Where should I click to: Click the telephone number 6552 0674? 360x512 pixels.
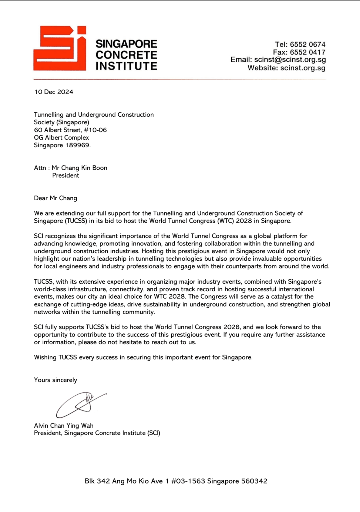pos(308,44)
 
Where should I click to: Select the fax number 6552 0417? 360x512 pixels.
pos(308,52)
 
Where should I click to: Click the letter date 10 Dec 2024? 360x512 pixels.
pos(53,92)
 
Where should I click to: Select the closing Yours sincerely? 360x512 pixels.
pos(55,380)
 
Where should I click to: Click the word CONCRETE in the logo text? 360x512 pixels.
pos(126,55)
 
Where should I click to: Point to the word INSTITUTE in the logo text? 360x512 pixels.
pos(126,65)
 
